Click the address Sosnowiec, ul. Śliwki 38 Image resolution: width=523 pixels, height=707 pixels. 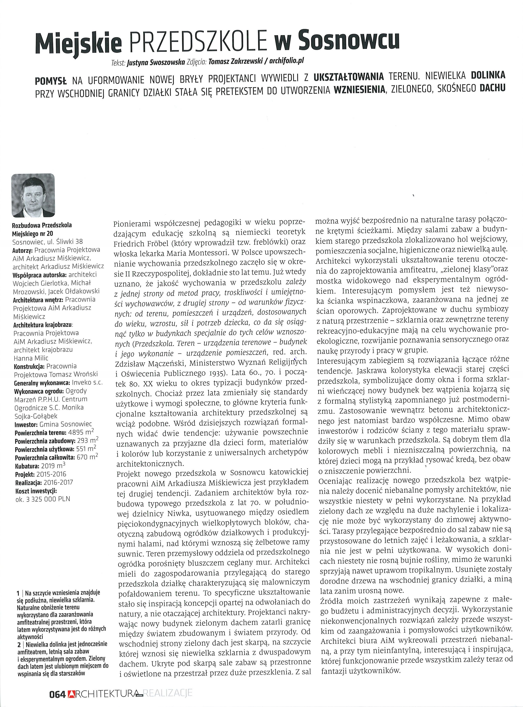tap(47, 242)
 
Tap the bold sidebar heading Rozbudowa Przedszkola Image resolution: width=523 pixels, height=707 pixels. tap(42, 225)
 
